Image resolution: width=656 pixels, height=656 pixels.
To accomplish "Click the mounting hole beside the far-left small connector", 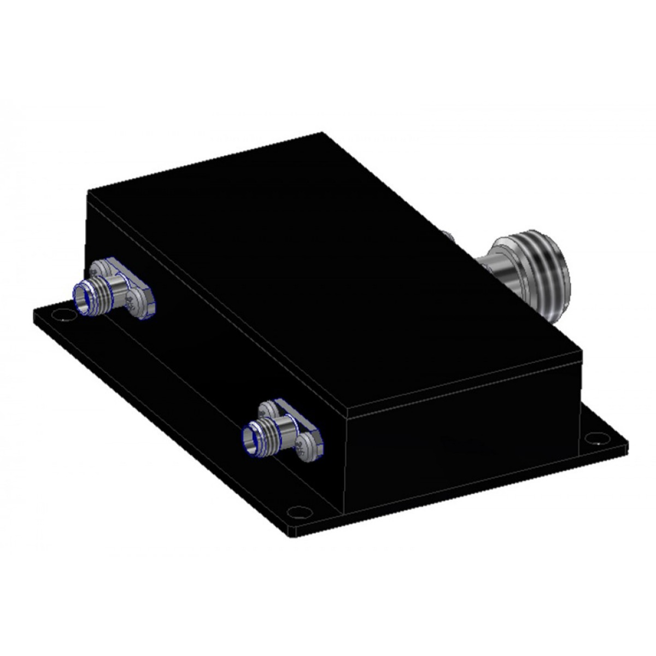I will (65, 316).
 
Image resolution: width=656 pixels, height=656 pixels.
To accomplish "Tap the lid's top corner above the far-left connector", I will (89, 191).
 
